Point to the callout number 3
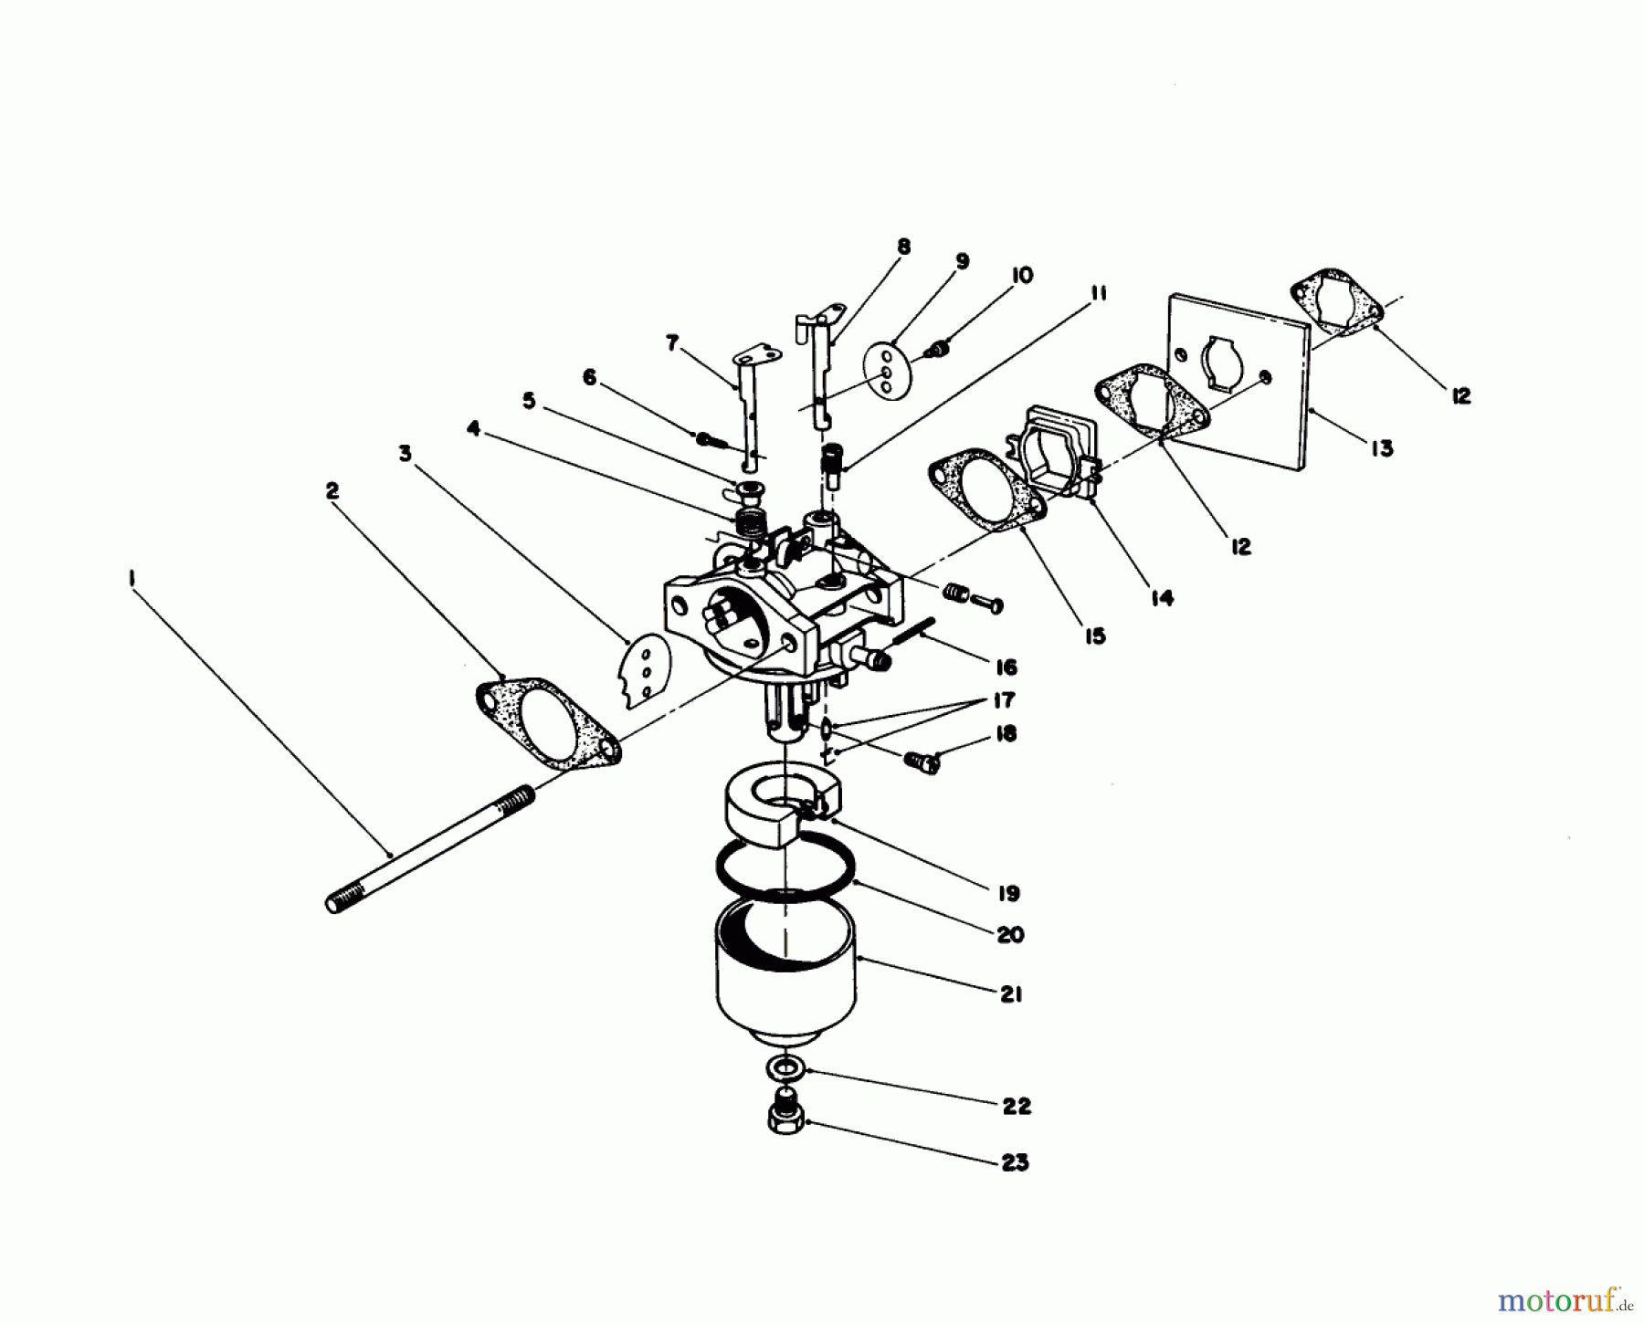[405, 453]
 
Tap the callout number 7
[673, 343]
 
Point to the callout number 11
[1097, 293]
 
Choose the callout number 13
[1382, 448]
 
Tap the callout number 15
[1094, 636]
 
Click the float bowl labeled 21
[785, 977]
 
